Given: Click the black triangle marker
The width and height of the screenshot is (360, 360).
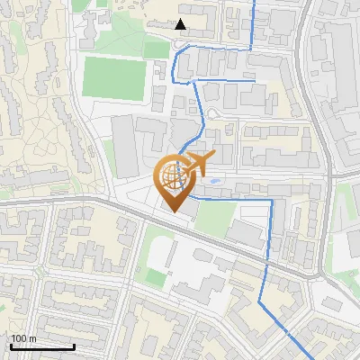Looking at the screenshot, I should pos(181,24).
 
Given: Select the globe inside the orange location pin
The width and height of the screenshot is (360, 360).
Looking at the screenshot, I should pos(171,175).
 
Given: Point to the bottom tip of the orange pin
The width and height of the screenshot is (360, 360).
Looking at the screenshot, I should pos(172,211).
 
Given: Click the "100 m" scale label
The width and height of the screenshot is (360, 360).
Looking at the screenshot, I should pos(24,338).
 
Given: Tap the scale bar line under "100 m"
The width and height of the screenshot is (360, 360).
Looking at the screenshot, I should pos(41,346).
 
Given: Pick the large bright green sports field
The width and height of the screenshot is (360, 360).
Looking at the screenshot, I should pos(114,77).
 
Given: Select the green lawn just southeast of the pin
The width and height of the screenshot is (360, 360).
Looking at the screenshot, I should pos(215,217).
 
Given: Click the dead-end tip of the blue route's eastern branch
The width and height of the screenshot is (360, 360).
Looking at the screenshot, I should pos(268,83).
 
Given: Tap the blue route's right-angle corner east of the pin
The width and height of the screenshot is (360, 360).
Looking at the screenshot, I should pos(271,200).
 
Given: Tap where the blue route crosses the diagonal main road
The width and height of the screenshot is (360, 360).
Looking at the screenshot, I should pos(267,262).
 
